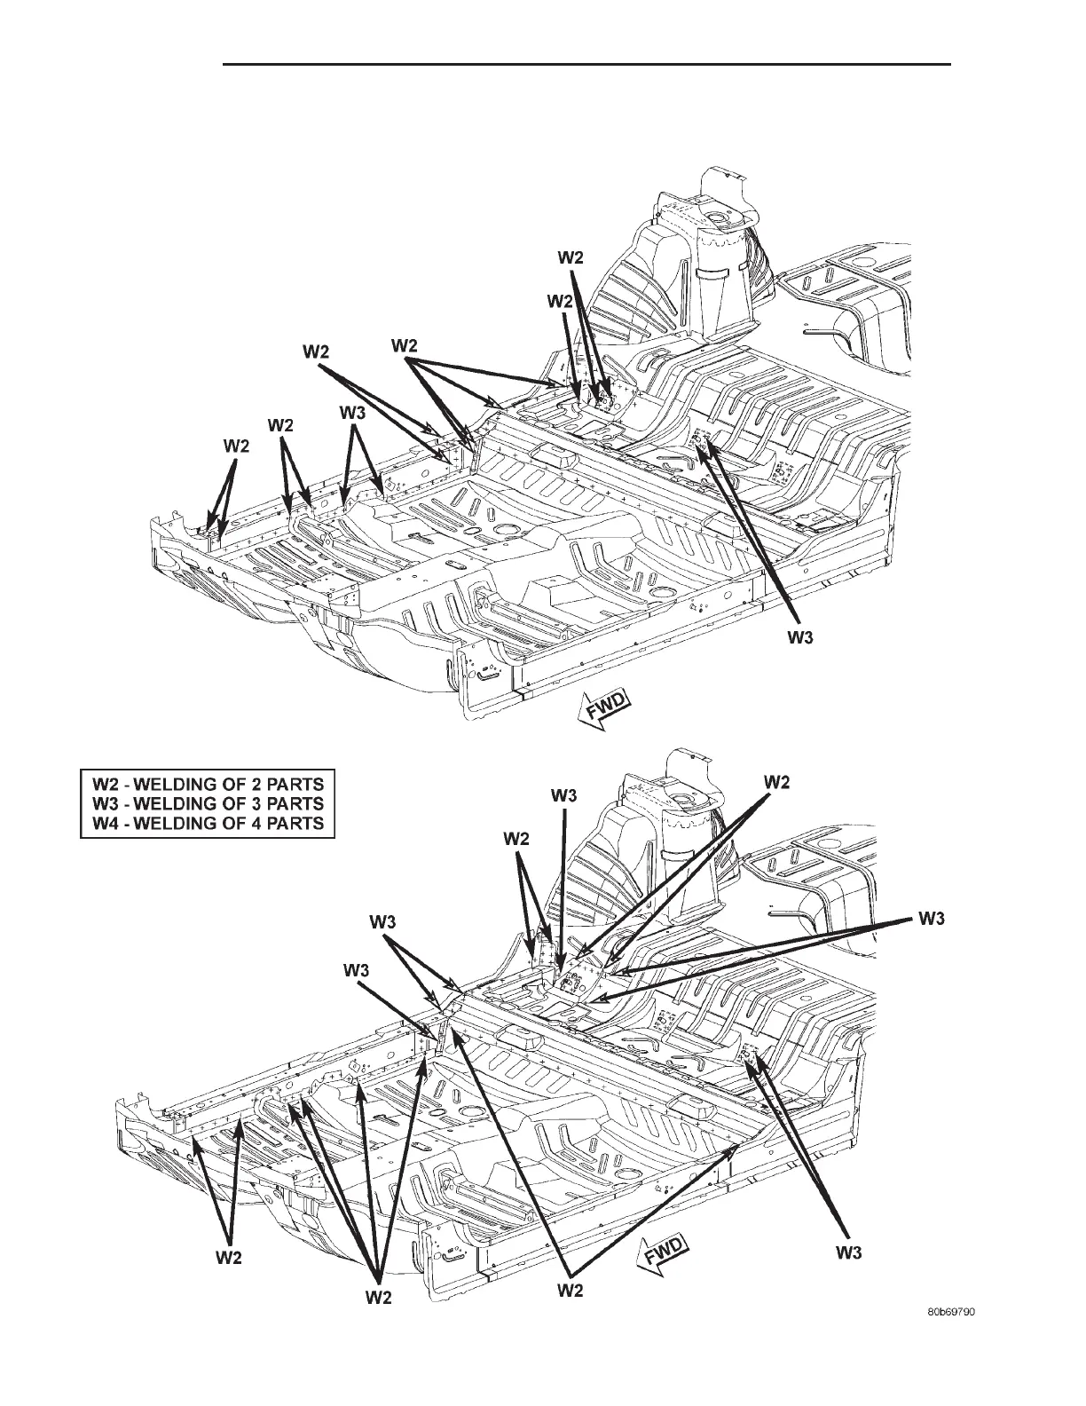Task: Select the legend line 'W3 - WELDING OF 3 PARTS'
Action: [208, 803]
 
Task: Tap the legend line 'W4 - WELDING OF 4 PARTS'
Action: [208, 824]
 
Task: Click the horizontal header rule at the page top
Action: [586, 64]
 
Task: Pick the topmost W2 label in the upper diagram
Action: [571, 257]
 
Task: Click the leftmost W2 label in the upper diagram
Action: [235, 447]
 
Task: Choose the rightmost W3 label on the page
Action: [932, 920]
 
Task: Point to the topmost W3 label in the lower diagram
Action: [563, 795]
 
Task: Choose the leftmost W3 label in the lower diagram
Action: [357, 972]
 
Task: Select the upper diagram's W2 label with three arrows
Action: [405, 344]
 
